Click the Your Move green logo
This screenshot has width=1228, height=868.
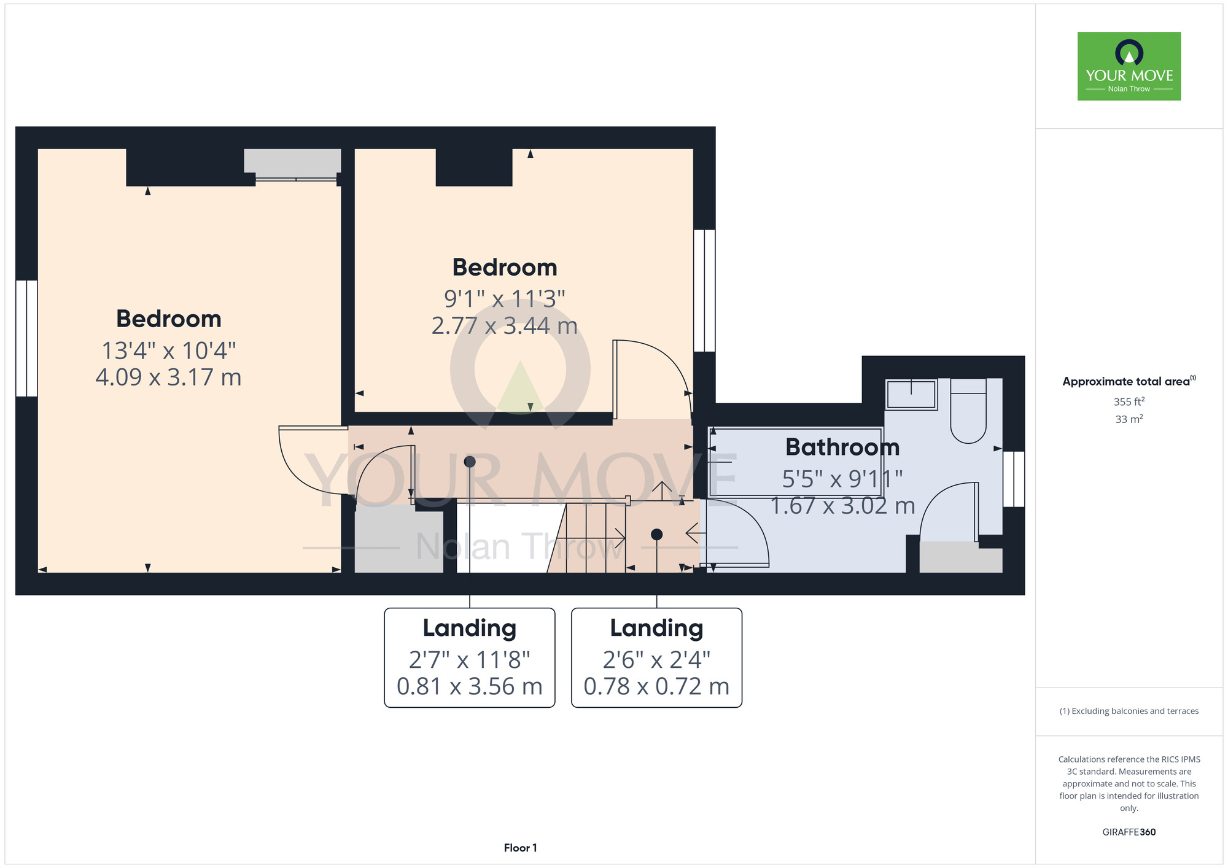click(x=1129, y=66)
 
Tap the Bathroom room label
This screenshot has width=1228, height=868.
click(x=842, y=447)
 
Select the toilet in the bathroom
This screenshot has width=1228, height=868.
click(x=968, y=410)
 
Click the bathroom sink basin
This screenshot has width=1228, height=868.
click(x=911, y=394)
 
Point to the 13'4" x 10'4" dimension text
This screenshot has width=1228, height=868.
click(x=169, y=351)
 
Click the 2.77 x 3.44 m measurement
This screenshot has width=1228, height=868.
click(x=505, y=325)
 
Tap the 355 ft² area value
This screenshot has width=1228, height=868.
click(x=1129, y=401)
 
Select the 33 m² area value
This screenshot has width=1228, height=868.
click(x=1129, y=419)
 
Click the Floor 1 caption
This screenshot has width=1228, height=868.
click(x=520, y=848)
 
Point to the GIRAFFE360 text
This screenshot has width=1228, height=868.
click(x=1129, y=832)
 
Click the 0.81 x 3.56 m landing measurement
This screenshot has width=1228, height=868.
click(x=470, y=686)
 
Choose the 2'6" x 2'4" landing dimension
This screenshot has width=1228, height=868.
click(x=656, y=660)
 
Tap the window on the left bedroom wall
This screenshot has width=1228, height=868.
click(x=26, y=338)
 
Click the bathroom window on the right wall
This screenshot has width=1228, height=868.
click(x=1014, y=479)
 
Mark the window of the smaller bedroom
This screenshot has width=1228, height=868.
click(x=705, y=290)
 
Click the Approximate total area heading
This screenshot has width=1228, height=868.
click(x=1129, y=381)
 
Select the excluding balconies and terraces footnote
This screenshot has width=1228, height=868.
click(x=1129, y=711)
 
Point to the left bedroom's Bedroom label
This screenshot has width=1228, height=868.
click(x=169, y=319)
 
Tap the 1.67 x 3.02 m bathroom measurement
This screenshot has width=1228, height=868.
click(x=842, y=506)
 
